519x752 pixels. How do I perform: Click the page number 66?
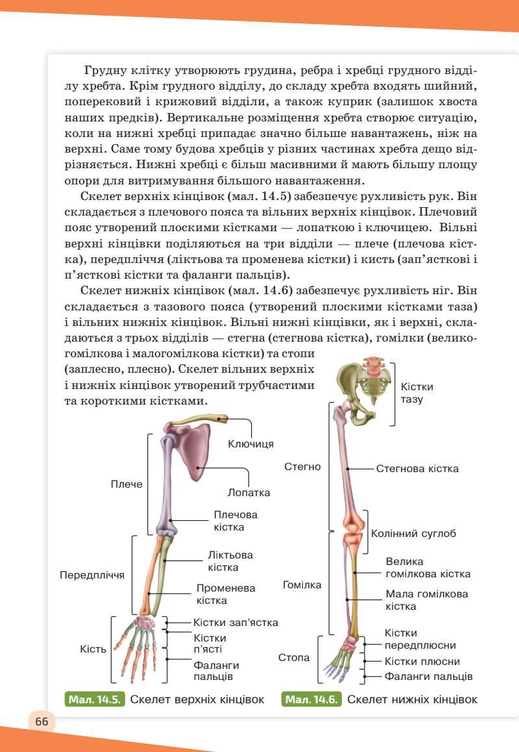(x=42, y=722)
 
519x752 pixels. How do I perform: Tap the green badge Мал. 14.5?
(x=95, y=699)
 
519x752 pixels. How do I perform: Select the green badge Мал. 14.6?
(x=312, y=699)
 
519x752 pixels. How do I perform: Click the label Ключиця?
(x=250, y=444)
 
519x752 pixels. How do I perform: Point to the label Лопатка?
(x=248, y=492)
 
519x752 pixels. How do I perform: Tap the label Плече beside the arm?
(x=127, y=484)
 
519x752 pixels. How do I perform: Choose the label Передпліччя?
(x=92, y=575)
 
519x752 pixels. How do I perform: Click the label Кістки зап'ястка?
(x=235, y=622)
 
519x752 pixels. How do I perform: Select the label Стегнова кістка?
(x=417, y=468)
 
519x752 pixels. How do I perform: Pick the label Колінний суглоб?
(x=413, y=533)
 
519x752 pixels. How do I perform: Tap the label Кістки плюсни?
(x=422, y=661)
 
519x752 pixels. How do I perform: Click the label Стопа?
(x=294, y=658)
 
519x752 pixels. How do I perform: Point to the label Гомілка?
(x=302, y=584)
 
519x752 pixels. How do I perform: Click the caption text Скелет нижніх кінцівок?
(x=412, y=699)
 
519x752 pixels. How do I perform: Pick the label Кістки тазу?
(x=416, y=393)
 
